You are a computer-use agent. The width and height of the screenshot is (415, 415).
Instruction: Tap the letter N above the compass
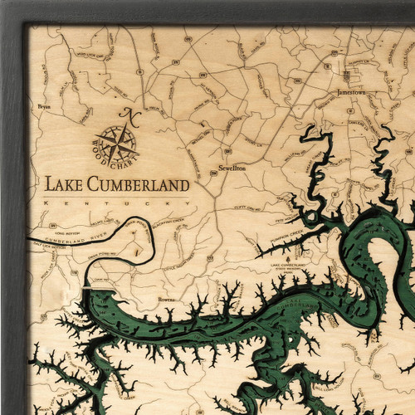(x=126, y=114)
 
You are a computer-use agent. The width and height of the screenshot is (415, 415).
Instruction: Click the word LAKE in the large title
(x=63, y=184)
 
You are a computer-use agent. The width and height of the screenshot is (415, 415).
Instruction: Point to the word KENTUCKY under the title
(x=116, y=203)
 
